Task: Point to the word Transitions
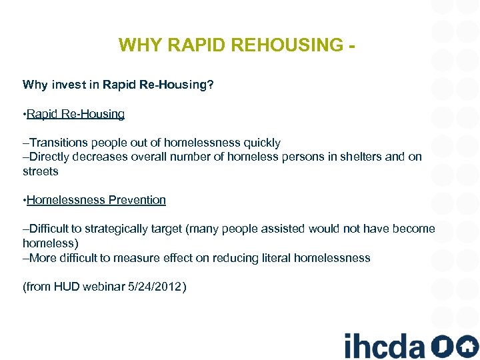click(x=59, y=143)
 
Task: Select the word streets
click(x=41, y=171)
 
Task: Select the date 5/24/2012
click(x=158, y=287)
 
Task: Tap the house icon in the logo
click(x=467, y=346)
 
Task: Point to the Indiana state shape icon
click(x=442, y=346)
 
